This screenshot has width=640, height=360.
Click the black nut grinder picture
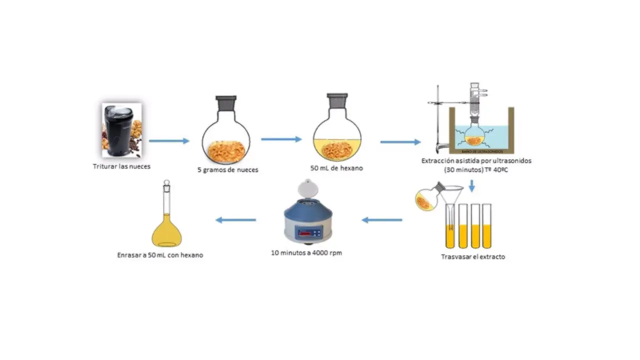pyautogui.click(x=121, y=130)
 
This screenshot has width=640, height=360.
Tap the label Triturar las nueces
pyautogui.click(x=121, y=166)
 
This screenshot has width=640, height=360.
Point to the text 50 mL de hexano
pyautogui.click(x=336, y=168)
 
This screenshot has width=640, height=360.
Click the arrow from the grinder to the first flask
pyautogui.click(x=169, y=141)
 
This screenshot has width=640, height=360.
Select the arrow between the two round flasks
pyautogui.click(x=281, y=139)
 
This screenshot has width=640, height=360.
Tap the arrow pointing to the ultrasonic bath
pyautogui.click(x=400, y=142)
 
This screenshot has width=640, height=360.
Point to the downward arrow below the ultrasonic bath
pyautogui.click(x=472, y=186)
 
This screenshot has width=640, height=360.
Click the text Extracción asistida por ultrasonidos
pyautogui.click(x=476, y=161)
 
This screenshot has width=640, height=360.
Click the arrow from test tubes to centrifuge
pyautogui.click(x=382, y=220)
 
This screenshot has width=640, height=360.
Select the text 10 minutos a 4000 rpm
pyautogui.click(x=306, y=253)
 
